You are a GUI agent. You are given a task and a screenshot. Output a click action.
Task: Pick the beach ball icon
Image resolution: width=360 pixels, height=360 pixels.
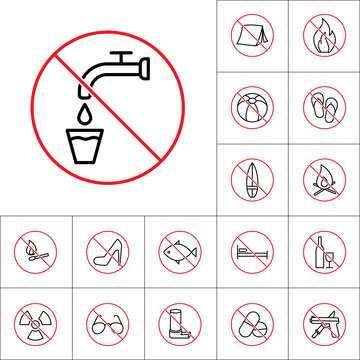click(x=251, y=108)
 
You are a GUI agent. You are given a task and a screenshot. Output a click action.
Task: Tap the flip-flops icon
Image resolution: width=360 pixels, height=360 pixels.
click(x=323, y=108)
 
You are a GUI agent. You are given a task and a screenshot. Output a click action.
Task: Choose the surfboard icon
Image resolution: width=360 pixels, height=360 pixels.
click(x=251, y=178)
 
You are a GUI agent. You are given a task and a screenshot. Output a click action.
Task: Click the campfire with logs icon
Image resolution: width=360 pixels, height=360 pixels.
click(x=323, y=178)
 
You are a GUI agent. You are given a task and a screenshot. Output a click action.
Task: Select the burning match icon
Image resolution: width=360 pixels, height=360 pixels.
click(x=36, y=250)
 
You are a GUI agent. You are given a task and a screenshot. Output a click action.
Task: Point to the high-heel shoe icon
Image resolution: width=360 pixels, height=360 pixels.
click(x=108, y=250)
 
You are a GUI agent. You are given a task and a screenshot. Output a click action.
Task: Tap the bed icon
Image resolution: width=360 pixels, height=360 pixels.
click(x=251, y=250)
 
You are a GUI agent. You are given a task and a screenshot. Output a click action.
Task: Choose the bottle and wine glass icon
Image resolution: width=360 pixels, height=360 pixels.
click(x=323, y=250)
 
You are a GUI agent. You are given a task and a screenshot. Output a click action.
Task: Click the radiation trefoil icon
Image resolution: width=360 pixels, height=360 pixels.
click(x=36, y=322)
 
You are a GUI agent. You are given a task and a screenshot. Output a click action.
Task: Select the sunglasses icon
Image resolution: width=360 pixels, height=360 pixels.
click(x=108, y=322)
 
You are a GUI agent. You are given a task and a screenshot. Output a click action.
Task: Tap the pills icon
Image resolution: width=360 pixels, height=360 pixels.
click(x=251, y=322)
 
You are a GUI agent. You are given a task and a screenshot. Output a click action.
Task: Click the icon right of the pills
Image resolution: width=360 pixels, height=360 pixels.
click(x=323, y=322)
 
